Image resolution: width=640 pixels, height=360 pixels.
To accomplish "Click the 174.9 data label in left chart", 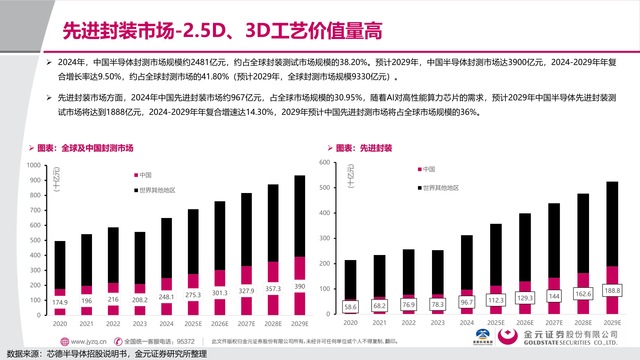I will click(60, 302).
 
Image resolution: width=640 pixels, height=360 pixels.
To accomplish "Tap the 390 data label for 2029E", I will click(300, 286).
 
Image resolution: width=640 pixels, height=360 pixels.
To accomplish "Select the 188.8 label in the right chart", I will click(612, 291).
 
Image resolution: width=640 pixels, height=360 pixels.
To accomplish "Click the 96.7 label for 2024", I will click(467, 302).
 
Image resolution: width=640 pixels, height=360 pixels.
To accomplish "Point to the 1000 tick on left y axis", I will click(34, 165).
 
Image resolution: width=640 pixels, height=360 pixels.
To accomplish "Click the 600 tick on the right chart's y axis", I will click(325, 162).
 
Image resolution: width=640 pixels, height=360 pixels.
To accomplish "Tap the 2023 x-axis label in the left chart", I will click(140, 324).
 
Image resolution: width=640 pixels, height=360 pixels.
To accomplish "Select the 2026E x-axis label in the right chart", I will click(525, 323).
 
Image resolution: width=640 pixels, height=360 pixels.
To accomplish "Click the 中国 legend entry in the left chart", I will click(143, 175).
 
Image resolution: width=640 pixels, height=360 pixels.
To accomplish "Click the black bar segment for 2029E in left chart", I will click(300, 216).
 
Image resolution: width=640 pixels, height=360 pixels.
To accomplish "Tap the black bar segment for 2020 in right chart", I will click(350, 279).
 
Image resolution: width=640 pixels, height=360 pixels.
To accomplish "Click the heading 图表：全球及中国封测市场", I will click(85, 148).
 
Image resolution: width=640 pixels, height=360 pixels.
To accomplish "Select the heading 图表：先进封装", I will click(364, 148).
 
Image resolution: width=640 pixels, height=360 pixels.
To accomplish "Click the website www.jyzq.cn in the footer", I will click(88, 342).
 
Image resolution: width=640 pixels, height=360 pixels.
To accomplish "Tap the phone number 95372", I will click(186, 342).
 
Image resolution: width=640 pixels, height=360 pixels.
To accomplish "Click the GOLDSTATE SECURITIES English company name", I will click(570, 343).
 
